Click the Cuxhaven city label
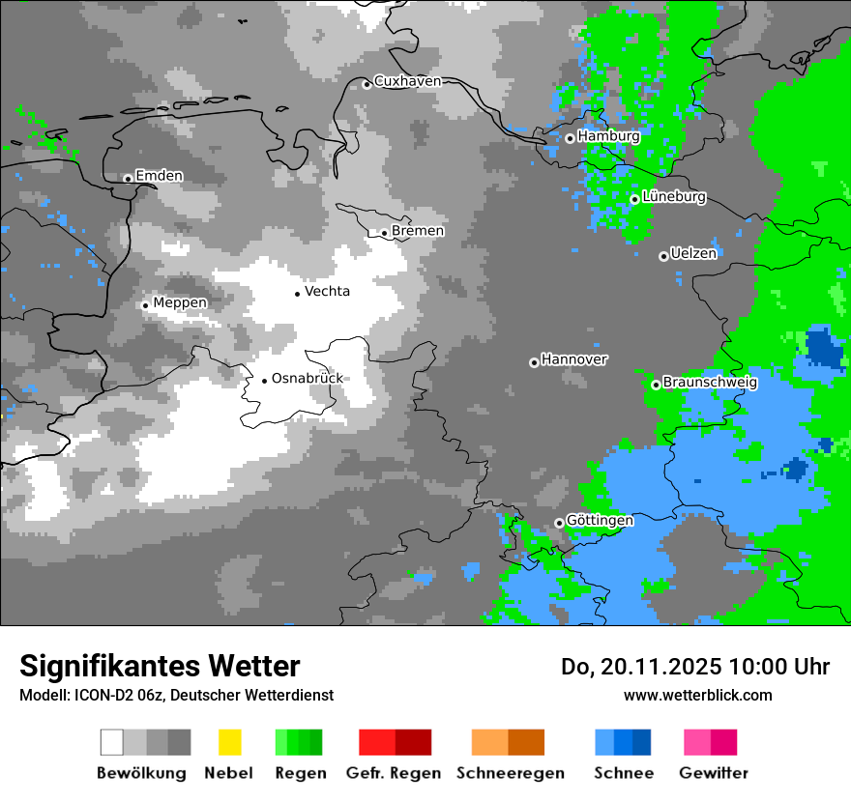coord(407,81)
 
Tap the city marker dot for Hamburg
coord(570,138)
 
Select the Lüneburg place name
coord(674,197)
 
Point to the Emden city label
coord(159,176)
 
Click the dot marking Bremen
coord(384,233)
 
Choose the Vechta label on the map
coord(327,291)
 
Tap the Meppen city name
coord(180,303)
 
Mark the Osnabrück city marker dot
coord(264,381)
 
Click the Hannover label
coord(574,359)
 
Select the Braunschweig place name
coord(710,383)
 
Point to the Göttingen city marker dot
coord(559,524)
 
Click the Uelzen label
coord(693,254)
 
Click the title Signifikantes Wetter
coord(160,666)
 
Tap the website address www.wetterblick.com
coord(697,695)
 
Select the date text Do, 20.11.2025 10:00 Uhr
coord(695,667)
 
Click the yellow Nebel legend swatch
coord(229,742)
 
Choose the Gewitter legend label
coord(714,773)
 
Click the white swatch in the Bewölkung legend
coord(112,742)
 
